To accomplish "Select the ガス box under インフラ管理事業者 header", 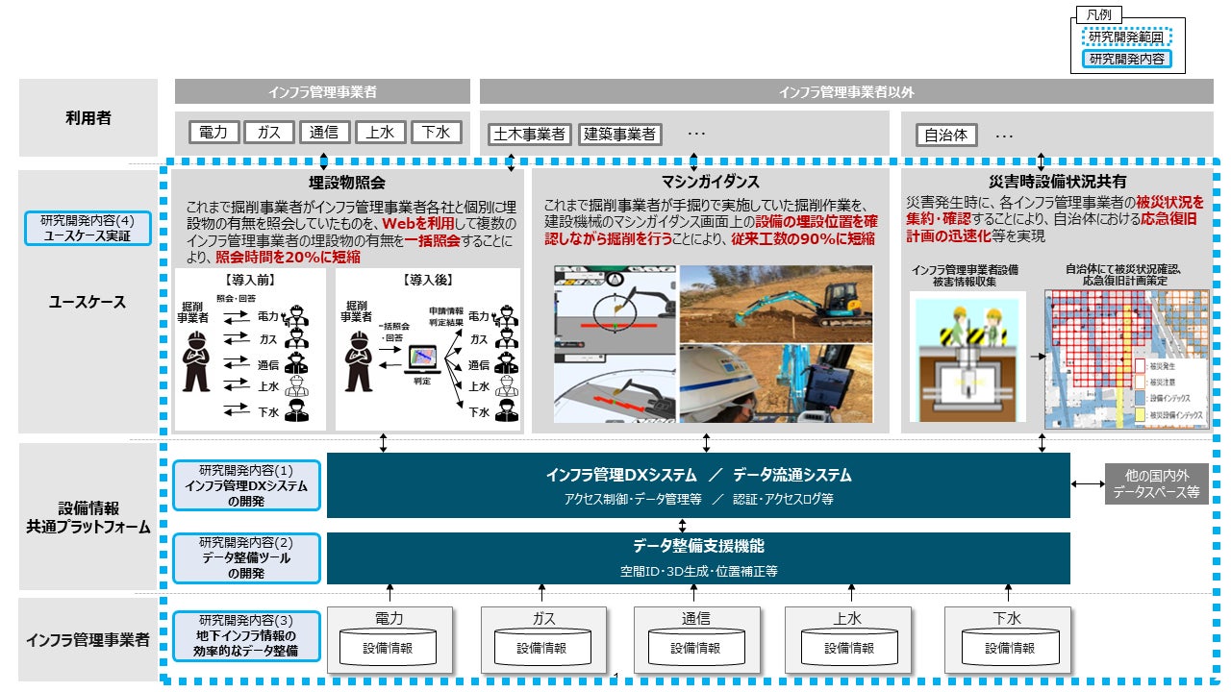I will click(x=268, y=133).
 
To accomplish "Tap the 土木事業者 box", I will click(x=529, y=135).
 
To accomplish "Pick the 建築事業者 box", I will click(x=621, y=135).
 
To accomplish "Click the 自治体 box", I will click(x=946, y=136).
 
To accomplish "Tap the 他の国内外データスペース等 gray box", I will click(x=1156, y=484).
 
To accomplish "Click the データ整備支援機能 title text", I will click(x=698, y=546).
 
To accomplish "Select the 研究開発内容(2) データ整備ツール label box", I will click(x=246, y=557).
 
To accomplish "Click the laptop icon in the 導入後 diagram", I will click(x=420, y=358).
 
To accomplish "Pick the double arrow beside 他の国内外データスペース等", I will click(x=1087, y=483).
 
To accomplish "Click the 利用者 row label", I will click(x=88, y=117).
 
